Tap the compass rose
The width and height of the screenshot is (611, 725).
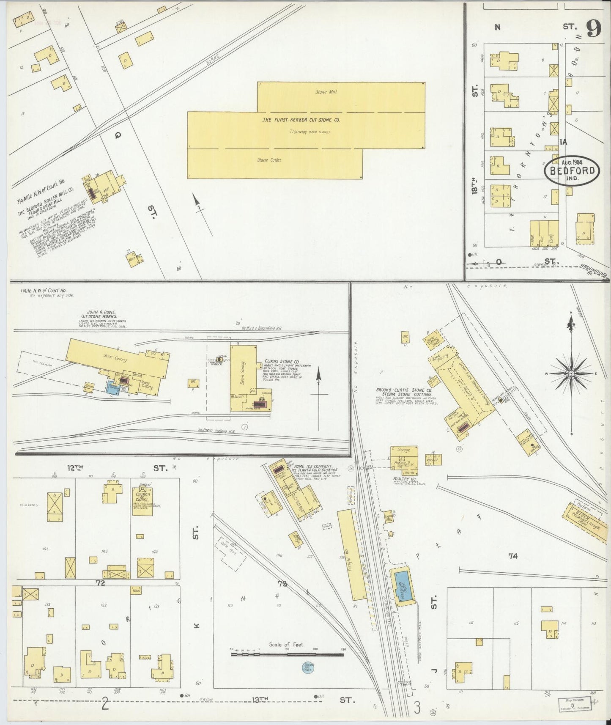[x=571, y=374]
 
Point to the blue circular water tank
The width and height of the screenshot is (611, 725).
[x=308, y=667]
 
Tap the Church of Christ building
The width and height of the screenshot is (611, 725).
[x=142, y=501]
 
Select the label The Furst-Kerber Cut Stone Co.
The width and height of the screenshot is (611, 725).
[x=301, y=120]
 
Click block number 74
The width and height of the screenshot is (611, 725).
[x=513, y=556]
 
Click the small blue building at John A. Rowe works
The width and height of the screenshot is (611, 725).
[x=112, y=386]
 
